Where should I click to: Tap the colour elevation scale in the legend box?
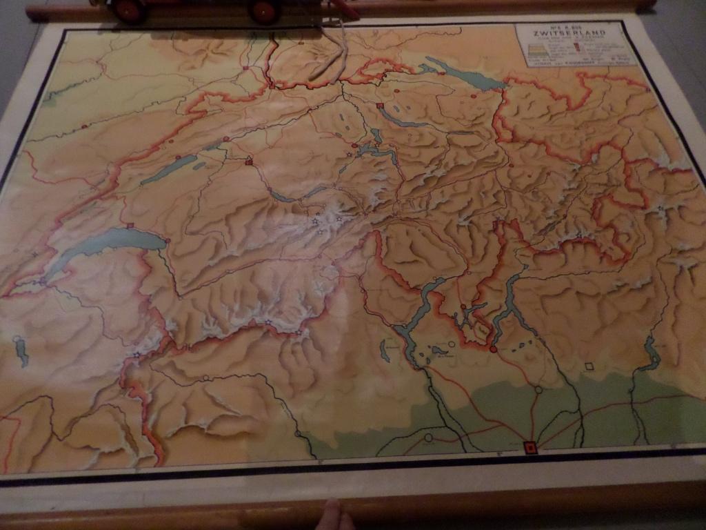(x=545, y=50)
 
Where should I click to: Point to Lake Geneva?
(x=103, y=245)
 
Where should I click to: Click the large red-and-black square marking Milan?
(x=529, y=447)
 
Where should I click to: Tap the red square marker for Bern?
(x=249, y=162)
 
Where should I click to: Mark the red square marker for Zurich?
(x=380, y=106)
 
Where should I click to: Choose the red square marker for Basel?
(x=272, y=86)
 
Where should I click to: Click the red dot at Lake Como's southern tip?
(x=493, y=349)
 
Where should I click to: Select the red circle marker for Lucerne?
(x=354, y=146)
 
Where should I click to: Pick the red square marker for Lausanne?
(x=130, y=225)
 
